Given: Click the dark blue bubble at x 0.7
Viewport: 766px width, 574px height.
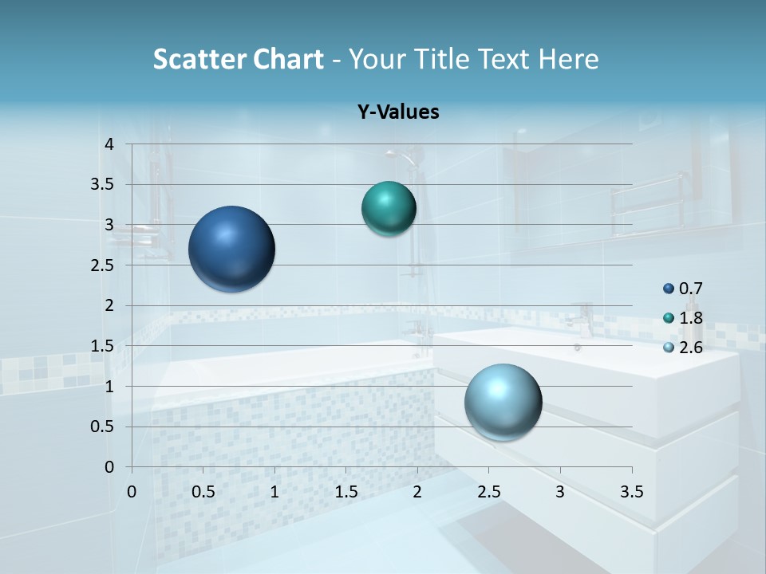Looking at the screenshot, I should coord(232,249).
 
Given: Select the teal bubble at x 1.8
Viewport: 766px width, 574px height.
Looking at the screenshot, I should coord(389,208).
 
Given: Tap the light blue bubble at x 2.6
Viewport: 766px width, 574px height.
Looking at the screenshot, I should coord(503,402).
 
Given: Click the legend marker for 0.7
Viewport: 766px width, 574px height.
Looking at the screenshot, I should coord(668,289).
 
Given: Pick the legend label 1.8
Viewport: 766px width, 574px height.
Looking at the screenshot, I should coord(691,318).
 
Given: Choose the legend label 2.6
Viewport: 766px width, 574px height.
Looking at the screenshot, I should coord(691,347).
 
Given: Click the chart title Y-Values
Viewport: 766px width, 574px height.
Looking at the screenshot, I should coord(397,112).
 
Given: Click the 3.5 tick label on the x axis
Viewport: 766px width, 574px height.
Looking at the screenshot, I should coord(631,492).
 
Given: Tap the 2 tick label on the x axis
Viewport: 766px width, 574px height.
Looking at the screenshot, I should coord(417,492).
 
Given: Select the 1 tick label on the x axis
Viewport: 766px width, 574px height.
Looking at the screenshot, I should coord(274,492).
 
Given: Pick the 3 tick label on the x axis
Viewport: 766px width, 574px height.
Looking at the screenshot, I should coord(560,492).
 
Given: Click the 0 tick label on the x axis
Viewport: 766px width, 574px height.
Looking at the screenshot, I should coord(132,492).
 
